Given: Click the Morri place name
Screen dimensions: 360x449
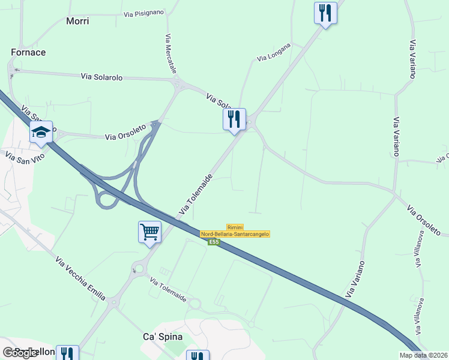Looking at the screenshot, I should click(77, 21).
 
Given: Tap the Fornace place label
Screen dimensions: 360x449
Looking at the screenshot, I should click(28, 52).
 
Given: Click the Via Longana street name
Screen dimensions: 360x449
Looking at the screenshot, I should click(274, 52).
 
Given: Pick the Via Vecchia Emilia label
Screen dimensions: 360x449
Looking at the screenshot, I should click(80, 278).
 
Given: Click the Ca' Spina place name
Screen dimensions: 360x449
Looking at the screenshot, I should click(158, 337).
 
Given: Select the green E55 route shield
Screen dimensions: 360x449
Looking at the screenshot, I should click(214, 242).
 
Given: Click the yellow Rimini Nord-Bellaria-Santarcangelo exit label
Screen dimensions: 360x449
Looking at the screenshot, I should click(235, 231).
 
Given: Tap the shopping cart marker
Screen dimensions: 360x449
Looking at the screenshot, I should click(149, 231).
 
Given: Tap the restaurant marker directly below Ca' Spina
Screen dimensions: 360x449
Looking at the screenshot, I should click(197, 356).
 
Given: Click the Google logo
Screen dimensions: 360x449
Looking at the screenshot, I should click(20, 353).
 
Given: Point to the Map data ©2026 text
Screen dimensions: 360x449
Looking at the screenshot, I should click(423, 355).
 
